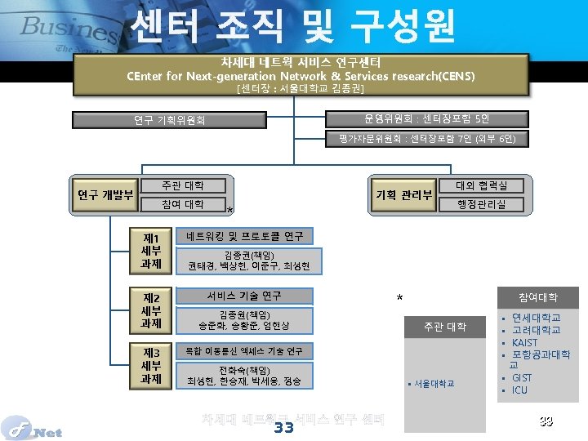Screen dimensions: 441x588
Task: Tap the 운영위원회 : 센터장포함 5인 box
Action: point(427,119)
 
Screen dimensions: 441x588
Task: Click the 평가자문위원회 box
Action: point(427,139)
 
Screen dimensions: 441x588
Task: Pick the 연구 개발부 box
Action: point(105,194)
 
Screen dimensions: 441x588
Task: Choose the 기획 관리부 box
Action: point(403,194)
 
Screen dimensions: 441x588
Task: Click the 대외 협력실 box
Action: point(481,186)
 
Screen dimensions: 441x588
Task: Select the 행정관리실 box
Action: point(481,204)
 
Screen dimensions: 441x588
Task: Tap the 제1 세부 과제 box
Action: point(151,251)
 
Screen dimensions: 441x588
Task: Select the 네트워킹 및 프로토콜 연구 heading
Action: point(244,236)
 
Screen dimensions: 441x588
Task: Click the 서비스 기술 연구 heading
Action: point(244,296)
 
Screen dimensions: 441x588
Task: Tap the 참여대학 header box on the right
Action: point(537,297)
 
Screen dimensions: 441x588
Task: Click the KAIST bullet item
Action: point(524,342)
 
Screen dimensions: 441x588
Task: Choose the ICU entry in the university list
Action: point(519,390)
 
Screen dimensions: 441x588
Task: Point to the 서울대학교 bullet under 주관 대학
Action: point(434,383)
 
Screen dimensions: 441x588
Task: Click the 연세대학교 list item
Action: point(536,318)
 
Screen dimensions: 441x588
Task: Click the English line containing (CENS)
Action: point(301,76)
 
